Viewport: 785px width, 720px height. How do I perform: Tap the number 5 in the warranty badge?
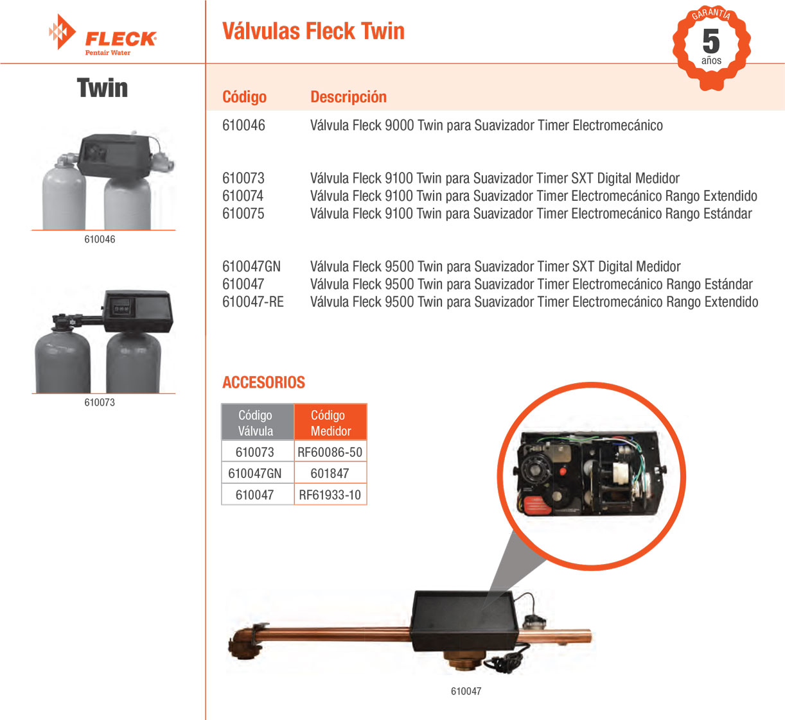[x=711, y=41]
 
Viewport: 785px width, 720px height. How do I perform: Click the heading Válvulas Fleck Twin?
[x=313, y=31]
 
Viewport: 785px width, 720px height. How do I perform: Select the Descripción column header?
[x=348, y=97]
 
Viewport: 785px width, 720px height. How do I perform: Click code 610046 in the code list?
[x=243, y=125]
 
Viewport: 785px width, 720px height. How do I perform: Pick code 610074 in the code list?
[x=243, y=196]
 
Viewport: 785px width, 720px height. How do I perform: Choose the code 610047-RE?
[x=253, y=302]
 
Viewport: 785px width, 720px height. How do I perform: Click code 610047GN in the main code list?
[x=251, y=266]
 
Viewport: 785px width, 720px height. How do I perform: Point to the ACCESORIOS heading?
[x=263, y=382]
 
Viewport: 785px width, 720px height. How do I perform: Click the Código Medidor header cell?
[x=330, y=422]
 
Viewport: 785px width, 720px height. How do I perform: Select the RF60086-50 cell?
[x=330, y=452]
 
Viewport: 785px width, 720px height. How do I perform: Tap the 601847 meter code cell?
[x=330, y=473]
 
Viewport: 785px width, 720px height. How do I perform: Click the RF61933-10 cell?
[x=330, y=495]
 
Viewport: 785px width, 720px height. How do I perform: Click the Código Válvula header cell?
[x=258, y=422]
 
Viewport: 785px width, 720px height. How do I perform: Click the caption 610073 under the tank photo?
[x=100, y=402]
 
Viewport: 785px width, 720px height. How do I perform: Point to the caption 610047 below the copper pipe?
[x=466, y=691]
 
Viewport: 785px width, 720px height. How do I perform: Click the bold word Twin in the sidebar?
[x=102, y=88]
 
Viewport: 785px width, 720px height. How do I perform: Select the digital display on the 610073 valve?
[x=121, y=308]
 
